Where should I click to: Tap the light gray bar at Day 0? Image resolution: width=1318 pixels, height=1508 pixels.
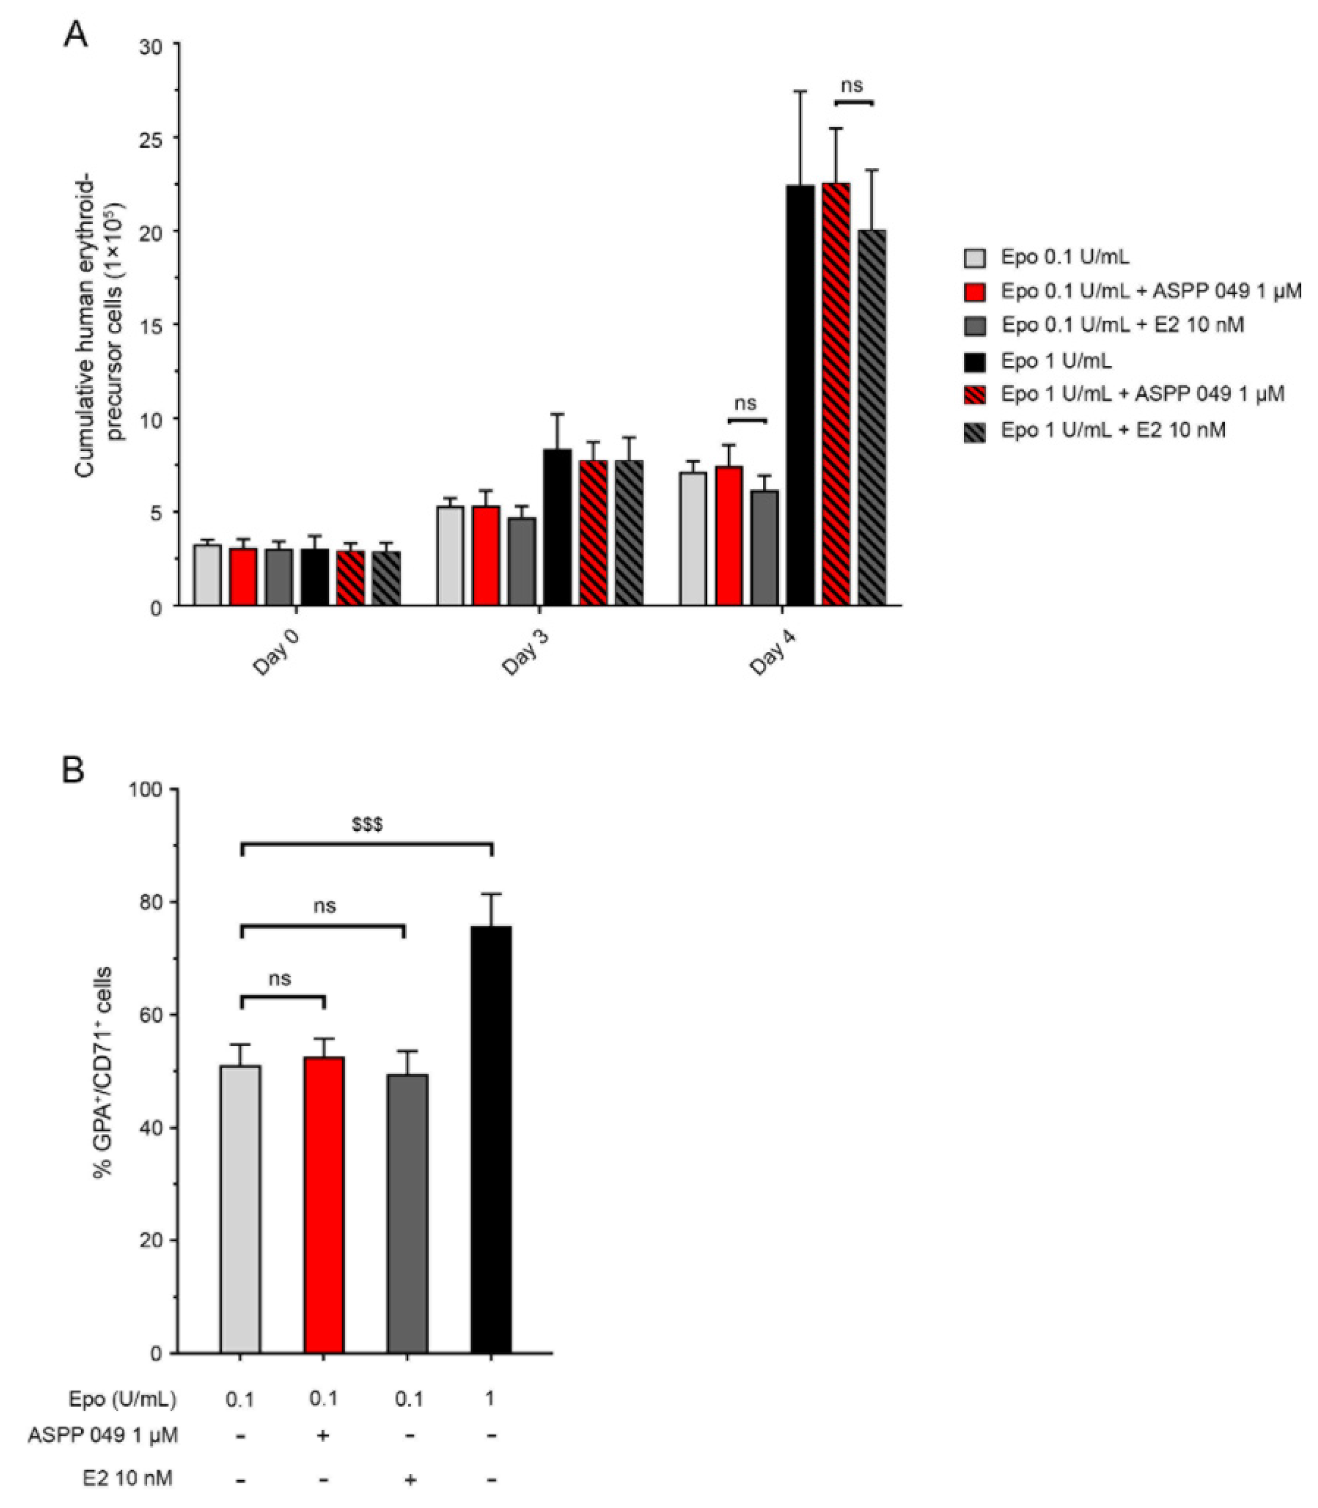click(x=207, y=575)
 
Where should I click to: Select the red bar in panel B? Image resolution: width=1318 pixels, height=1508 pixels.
click(x=323, y=1206)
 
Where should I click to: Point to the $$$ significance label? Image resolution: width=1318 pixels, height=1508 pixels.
click(x=367, y=825)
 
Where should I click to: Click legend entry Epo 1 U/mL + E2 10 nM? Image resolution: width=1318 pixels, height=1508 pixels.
click(x=1113, y=430)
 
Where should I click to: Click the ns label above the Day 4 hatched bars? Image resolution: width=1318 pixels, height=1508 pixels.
click(x=852, y=85)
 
